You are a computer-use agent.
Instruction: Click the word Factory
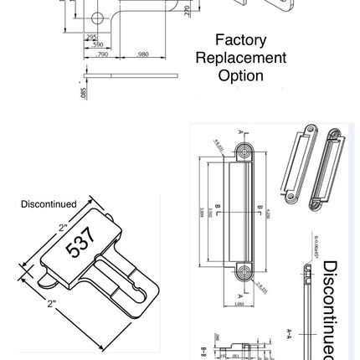point(240,40)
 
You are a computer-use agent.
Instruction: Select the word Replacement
point(240,58)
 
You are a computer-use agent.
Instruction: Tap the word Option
point(240,75)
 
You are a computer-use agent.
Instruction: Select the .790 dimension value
point(103,54)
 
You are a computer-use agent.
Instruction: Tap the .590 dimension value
point(97,44)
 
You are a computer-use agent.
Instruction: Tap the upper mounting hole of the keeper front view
point(244,152)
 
